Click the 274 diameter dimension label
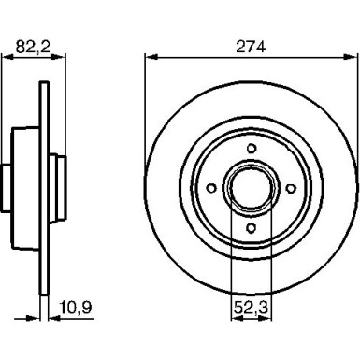pyautogui.click(x=251, y=47)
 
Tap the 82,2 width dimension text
pyautogui.click(x=33, y=47)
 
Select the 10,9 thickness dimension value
pyautogui.click(x=76, y=308)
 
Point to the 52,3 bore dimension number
pyautogui.click(x=252, y=308)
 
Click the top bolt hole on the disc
pyautogui.click(x=252, y=149)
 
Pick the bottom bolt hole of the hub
pyautogui.click(x=251, y=228)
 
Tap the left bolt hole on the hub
pyautogui.click(x=211, y=188)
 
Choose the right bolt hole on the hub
pyautogui.click(x=291, y=188)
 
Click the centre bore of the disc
pyautogui.click(x=252, y=188)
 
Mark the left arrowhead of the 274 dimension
pyautogui.click(x=151, y=57)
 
